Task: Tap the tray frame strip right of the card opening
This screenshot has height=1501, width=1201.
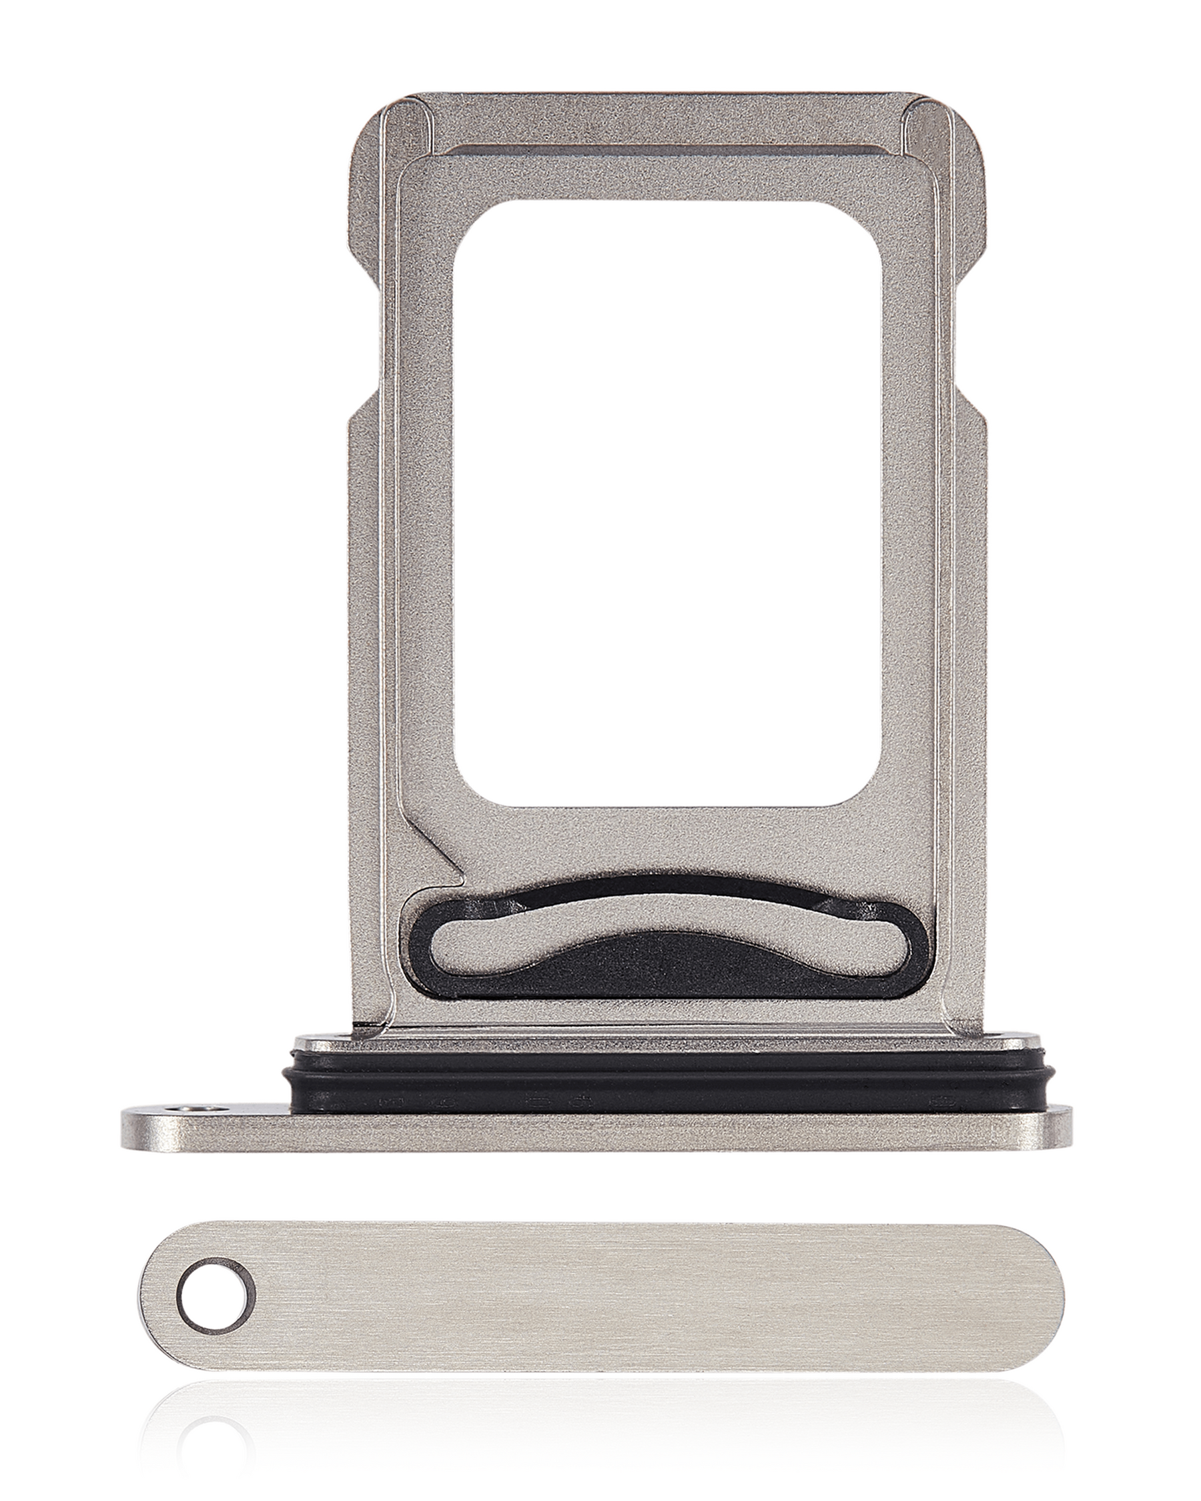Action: (912, 501)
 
